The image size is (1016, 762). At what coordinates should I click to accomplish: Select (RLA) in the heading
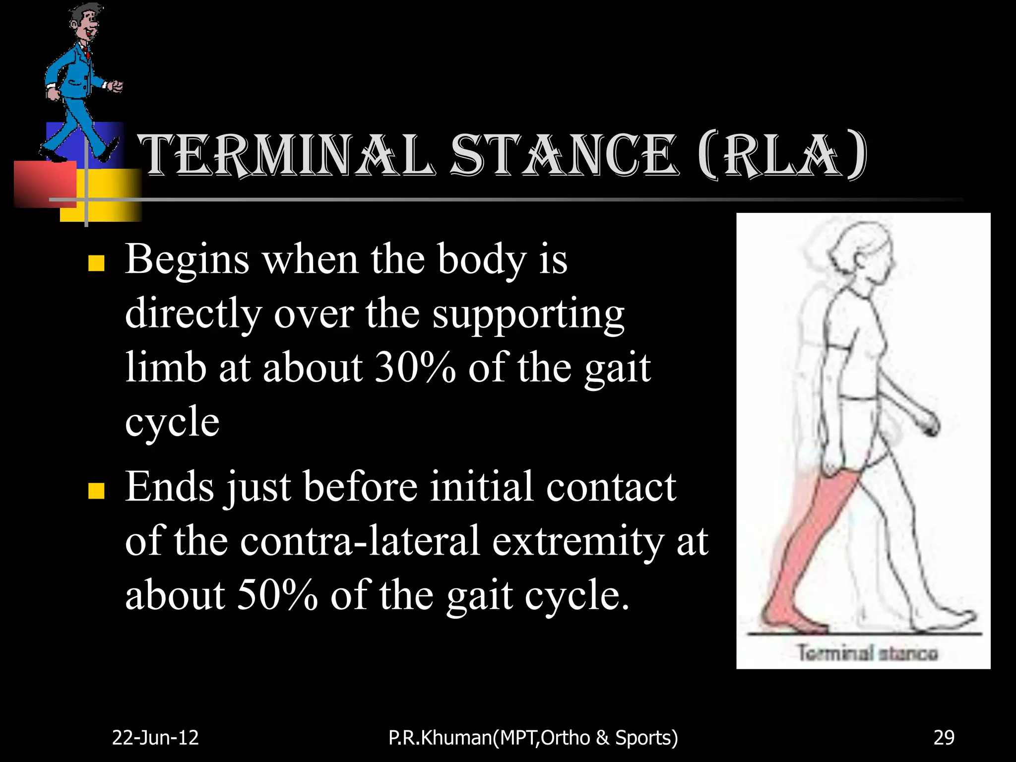782,155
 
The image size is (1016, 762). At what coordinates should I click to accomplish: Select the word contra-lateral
360,541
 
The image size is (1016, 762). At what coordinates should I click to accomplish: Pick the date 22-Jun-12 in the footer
155,738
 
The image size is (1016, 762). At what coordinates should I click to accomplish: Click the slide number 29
944,738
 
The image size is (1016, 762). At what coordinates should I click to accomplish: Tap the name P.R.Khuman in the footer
441,738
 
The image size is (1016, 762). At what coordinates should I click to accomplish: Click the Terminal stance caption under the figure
867,652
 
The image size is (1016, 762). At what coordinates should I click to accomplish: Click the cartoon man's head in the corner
85,25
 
